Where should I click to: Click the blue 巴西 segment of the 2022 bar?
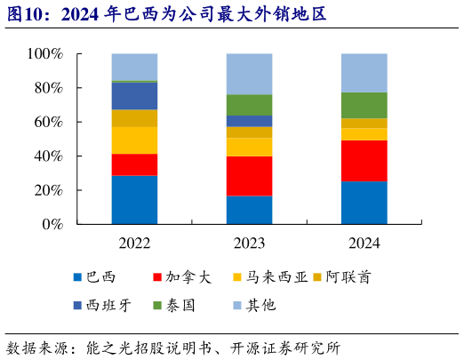(x=134, y=199)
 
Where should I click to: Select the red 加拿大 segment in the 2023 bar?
(x=249, y=176)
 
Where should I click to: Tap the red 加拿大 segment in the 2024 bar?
(x=364, y=161)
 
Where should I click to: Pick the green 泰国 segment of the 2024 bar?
(x=364, y=105)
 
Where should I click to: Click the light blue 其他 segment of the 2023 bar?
(x=249, y=74)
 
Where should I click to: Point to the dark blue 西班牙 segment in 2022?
(x=134, y=96)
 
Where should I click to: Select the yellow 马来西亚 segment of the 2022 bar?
(x=134, y=140)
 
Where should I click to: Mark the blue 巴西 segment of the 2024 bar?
(x=364, y=203)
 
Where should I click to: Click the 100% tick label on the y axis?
(x=45, y=54)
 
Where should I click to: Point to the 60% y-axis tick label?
(x=49, y=123)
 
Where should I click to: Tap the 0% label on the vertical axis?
(x=52, y=225)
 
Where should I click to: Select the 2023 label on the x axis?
(x=249, y=243)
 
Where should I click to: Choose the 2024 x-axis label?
(x=364, y=243)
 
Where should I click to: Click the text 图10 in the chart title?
(x=24, y=12)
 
